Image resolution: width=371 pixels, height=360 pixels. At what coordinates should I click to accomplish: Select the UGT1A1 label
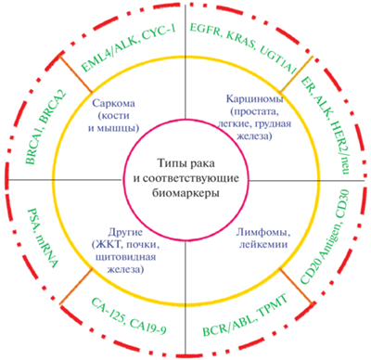[277, 61]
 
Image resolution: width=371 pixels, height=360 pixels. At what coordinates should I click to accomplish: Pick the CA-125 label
[106, 308]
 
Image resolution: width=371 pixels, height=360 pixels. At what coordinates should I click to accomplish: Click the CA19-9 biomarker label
[147, 326]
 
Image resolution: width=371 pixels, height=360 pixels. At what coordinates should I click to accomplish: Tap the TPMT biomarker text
[273, 303]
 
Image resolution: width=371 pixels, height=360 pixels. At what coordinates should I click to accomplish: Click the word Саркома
[113, 103]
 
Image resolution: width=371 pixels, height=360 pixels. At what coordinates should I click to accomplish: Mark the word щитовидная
[126, 257]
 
